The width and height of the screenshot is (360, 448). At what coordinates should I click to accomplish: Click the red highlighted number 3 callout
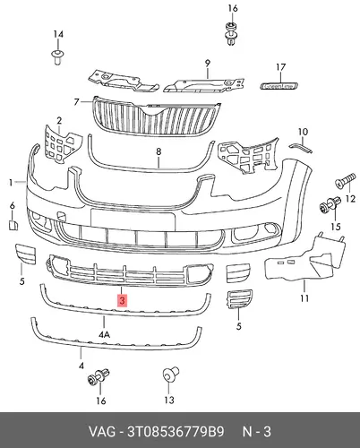[x=123, y=300]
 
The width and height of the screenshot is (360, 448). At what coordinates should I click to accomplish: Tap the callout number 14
[x=58, y=34]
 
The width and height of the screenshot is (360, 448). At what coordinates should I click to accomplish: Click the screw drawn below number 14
[x=57, y=57]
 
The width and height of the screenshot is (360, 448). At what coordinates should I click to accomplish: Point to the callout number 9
[x=208, y=64]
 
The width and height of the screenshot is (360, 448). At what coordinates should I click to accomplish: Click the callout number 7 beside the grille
[x=76, y=102]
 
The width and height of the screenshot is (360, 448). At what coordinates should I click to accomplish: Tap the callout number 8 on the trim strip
[x=159, y=151]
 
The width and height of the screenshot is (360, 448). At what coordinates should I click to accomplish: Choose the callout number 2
[x=59, y=121]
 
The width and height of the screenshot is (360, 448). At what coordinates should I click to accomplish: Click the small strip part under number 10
[x=301, y=148]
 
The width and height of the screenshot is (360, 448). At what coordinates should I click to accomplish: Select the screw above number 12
[x=346, y=180]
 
